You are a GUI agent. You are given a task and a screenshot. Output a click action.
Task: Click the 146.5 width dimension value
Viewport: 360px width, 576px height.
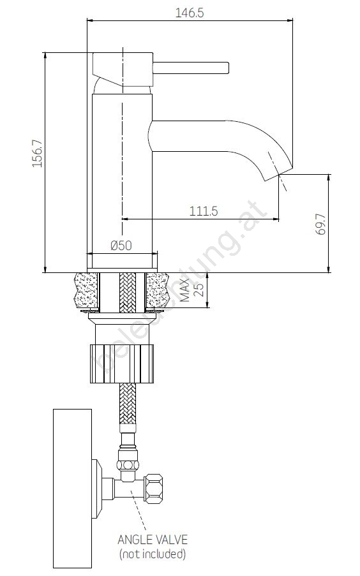click(189, 13)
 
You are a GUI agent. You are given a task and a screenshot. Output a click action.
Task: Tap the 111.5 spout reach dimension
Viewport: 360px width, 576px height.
click(204, 211)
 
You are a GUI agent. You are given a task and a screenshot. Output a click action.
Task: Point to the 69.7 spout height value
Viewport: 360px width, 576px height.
click(320, 224)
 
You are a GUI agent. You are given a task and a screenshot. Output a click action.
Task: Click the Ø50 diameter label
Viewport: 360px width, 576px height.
click(121, 245)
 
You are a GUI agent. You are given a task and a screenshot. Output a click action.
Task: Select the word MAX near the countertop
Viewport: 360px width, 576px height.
click(185, 290)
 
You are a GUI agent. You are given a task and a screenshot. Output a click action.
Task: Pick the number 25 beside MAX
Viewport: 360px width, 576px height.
click(199, 290)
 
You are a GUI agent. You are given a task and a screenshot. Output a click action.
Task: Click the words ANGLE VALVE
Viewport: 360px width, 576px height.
click(153, 539)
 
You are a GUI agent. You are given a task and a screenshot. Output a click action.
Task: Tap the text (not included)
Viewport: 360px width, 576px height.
click(153, 553)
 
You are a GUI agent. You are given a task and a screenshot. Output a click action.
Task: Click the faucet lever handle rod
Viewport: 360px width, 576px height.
click(191, 68)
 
